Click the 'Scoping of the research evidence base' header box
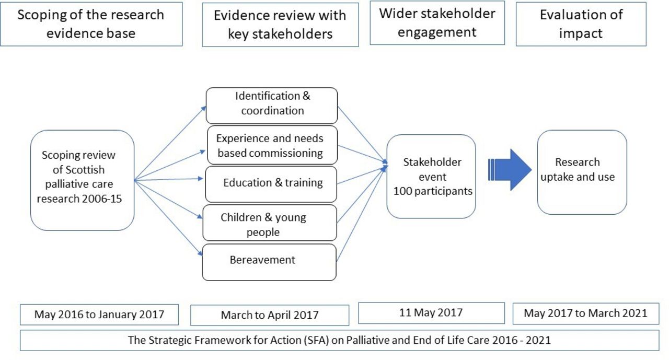pos(91,24)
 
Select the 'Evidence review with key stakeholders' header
pos(281,25)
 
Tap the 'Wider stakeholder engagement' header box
pos(437,22)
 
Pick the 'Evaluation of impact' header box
pos(581,24)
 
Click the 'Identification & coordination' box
pos(272,106)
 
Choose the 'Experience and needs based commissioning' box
pos(272,145)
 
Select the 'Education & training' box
pos(271,184)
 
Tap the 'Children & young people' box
pos(270,223)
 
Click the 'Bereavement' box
pos(269,262)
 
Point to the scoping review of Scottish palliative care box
pos(83,180)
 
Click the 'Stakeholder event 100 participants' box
pos(431,177)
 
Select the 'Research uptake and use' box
pos(582,172)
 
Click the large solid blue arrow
pos(510,170)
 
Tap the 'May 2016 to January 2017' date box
pos(99,315)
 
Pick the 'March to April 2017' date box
pos(270,315)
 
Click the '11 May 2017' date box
pos(432,313)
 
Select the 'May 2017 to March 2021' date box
pos(586,313)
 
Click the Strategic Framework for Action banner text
pos(340,340)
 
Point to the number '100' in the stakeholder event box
pos(402,191)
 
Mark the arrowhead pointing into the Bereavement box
pos(200,253)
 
